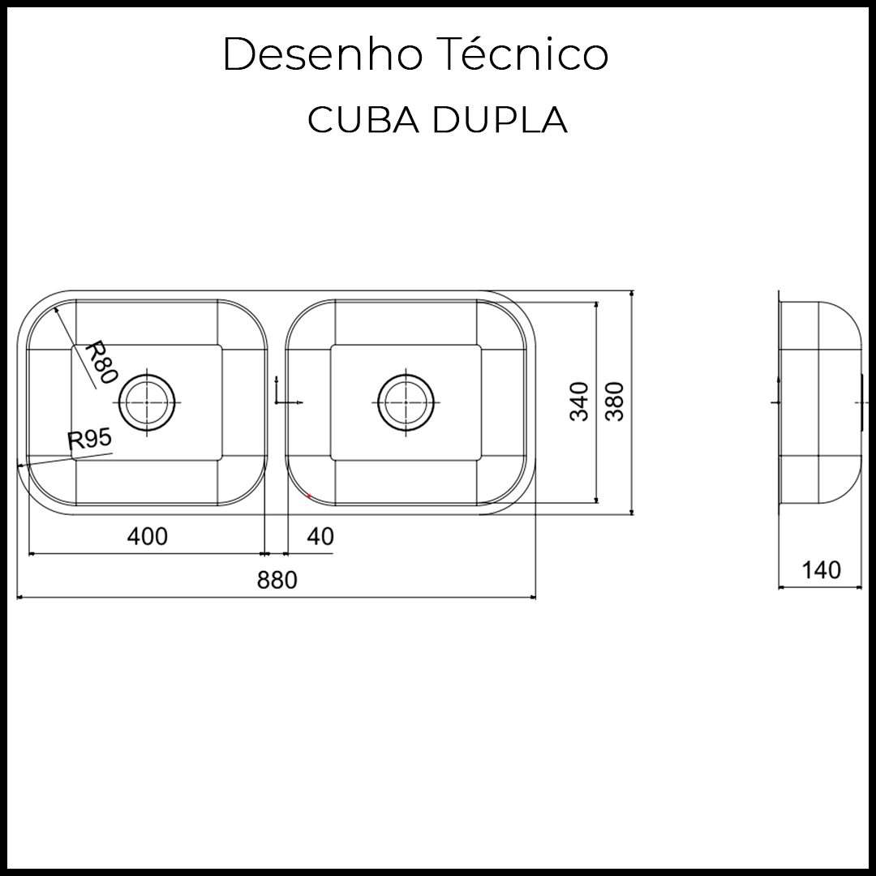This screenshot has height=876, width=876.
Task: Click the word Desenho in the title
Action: tap(322, 55)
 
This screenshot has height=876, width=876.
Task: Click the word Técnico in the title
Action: tap(515, 55)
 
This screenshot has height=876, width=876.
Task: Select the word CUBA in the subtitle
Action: tap(363, 120)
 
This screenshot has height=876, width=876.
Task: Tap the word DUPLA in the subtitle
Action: tap(500, 120)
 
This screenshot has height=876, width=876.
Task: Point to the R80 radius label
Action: tap(101, 362)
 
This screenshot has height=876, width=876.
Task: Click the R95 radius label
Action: tap(89, 440)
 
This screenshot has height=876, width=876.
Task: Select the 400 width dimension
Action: tap(148, 536)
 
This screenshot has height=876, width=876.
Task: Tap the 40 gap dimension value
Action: tap(320, 536)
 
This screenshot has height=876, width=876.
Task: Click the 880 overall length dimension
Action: tap(277, 580)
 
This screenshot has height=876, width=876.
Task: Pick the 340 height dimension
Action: tap(579, 401)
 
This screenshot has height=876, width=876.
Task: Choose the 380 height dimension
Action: tap(616, 401)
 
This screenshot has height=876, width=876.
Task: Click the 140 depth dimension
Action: tap(821, 570)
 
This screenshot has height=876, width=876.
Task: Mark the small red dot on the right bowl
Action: tap(310, 496)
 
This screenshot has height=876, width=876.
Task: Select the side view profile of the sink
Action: tap(819, 401)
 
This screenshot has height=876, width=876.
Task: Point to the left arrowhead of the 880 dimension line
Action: tap(20, 598)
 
